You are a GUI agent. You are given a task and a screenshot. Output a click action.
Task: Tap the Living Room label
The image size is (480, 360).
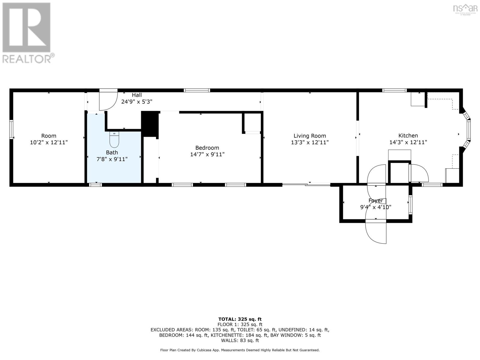pyautogui.click(x=310, y=136)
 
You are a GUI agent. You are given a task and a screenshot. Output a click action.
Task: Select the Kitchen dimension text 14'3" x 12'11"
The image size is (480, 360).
pyautogui.click(x=408, y=142)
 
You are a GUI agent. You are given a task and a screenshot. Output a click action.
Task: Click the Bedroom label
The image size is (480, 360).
pyautogui.click(x=207, y=148)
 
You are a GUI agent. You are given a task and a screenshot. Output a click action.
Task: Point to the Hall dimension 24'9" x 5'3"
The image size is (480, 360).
pyautogui.click(x=137, y=102)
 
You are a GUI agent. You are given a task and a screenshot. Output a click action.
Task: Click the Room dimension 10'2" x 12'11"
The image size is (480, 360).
pyautogui.click(x=49, y=142)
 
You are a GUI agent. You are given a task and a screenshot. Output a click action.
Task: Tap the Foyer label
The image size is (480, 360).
pyautogui.click(x=376, y=200)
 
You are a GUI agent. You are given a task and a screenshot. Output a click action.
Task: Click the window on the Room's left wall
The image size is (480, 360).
pyautogui.click(x=11, y=129)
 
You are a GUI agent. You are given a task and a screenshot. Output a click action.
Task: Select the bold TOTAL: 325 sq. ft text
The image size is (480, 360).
pyautogui.click(x=240, y=319)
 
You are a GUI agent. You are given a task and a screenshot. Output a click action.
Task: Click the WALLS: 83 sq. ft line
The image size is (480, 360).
pyautogui.click(x=240, y=340)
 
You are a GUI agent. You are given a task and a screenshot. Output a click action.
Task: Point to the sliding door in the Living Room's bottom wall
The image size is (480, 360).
pyautogui.click(x=306, y=185)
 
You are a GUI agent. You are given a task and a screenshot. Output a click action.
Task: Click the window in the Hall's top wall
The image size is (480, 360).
pyautogui.click(x=197, y=90)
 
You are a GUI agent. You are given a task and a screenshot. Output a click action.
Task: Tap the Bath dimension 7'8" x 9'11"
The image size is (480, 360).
pyautogui.click(x=112, y=159)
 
